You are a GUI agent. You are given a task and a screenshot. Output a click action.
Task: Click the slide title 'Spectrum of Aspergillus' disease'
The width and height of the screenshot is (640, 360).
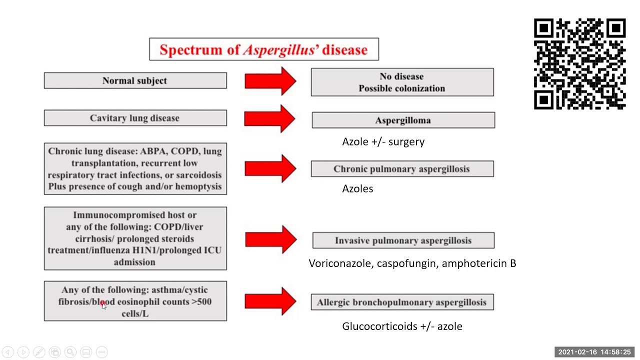click(x=263, y=49)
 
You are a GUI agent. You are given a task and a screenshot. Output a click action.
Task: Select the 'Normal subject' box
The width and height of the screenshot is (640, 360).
click(x=135, y=80)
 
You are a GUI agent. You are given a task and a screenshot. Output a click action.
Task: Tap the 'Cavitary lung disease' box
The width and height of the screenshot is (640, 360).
click(x=135, y=118)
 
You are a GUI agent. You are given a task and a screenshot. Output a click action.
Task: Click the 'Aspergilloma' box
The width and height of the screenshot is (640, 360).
click(x=403, y=120)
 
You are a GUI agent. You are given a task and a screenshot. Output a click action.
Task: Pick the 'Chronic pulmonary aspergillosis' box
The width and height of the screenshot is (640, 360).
click(x=402, y=169)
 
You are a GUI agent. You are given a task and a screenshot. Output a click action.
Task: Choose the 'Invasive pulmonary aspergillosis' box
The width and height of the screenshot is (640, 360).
click(x=403, y=240)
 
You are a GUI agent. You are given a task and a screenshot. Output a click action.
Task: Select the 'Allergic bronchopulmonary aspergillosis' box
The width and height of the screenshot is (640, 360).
click(x=402, y=302)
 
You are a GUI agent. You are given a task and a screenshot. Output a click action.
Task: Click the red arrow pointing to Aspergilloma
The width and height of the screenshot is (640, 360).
click(x=270, y=118)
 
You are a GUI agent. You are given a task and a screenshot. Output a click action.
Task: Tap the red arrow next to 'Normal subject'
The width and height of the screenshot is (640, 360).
click(x=270, y=81)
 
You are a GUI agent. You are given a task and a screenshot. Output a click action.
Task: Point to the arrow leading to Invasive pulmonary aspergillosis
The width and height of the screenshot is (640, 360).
click(x=270, y=239)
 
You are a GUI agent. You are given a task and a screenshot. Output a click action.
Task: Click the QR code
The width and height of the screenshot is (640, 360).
click(x=579, y=64)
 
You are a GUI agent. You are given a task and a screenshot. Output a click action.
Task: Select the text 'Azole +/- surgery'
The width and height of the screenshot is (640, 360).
click(x=383, y=142)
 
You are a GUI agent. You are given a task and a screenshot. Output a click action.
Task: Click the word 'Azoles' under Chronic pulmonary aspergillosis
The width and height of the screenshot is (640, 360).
click(x=357, y=188)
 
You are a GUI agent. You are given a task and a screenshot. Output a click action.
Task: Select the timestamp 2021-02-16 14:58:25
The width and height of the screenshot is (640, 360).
click(x=594, y=352)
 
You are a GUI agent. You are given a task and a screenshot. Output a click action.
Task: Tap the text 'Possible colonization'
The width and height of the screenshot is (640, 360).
click(x=401, y=88)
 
